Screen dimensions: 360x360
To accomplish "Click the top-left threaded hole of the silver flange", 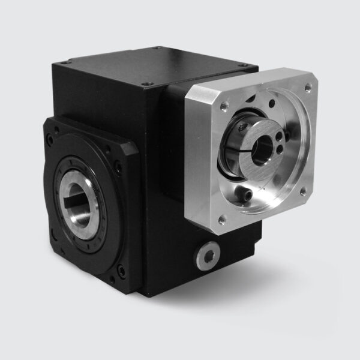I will click(223, 104).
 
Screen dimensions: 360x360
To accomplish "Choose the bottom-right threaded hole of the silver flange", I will click(302, 191).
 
